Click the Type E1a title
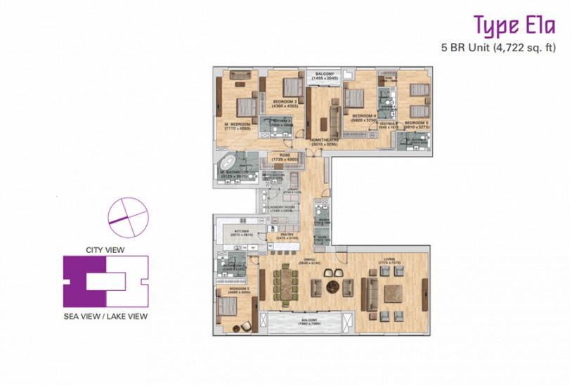pyautogui.click(x=514, y=26)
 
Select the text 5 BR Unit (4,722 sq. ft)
pyautogui.click(x=495, y=48)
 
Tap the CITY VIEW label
pyautogui.click(x=105, y=249)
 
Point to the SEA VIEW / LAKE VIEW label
pyautogui.click(x=105, y=316)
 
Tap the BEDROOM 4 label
pyautogui.click(x=363, y=115)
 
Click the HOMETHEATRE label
pyautogui.click(x=324, y=140)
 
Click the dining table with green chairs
pyautogui.click(x=285, y=284)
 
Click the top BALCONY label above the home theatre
pyautogui.click(x=323, y=74)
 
